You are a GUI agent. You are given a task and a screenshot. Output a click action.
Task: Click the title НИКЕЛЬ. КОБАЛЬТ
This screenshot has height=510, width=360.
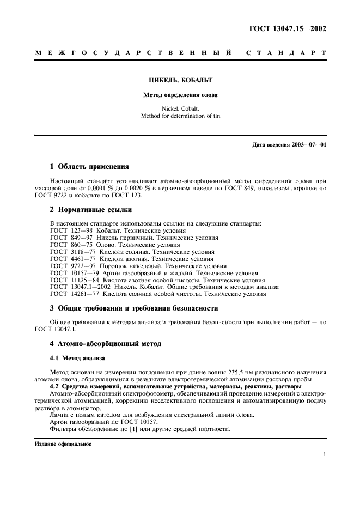pyautogui.click(x=180, y=81)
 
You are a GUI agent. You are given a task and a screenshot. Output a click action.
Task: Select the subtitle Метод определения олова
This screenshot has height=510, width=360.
pyautogui.click(x=180, y=95)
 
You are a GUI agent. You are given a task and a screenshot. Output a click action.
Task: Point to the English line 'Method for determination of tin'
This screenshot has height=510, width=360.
pyautogui.click(x=180, y=116)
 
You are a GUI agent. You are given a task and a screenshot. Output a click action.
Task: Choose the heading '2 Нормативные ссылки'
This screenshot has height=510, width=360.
pyautogui.click(x=90, y=209)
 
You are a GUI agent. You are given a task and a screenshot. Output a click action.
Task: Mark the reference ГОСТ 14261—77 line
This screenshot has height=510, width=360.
pyautogui.click(x=157, y=294)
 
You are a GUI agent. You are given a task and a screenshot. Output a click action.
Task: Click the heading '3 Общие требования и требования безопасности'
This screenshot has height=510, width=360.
pyautogui.click(x=133, y=308)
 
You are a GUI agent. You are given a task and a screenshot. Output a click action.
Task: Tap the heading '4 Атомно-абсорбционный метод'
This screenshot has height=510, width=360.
pyautogui.click(x=106, y=344)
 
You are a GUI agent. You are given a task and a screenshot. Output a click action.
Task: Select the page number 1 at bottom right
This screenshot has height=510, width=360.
pyautogui.click(x=324, y=454)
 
